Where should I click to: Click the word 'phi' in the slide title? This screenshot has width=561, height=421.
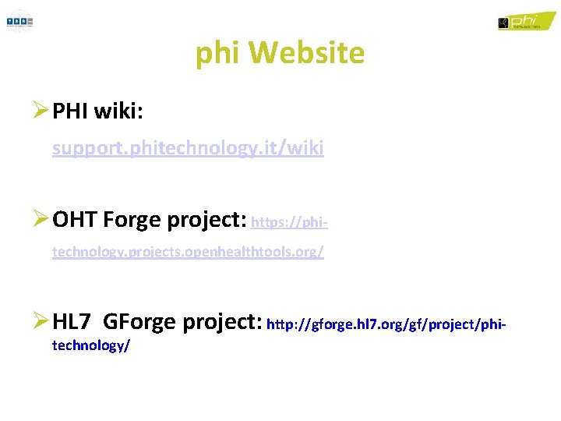tap(214, 54)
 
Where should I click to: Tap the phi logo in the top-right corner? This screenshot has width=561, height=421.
tap(520, 21)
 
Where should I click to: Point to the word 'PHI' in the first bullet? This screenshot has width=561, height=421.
tap(70, 112)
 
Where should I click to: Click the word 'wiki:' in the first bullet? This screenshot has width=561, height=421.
tap(118, 112)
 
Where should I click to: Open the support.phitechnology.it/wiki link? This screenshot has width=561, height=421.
tap(188, 148)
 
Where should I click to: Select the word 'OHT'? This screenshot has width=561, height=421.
tap(76, 221)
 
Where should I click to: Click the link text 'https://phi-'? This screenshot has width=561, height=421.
tap(289, 223)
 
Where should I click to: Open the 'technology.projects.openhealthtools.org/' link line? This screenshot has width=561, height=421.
tap(188, 253)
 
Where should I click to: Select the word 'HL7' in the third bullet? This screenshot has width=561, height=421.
tap(74, 320)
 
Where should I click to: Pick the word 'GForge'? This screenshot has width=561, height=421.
tap(139, 320)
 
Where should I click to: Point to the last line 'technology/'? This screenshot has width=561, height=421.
tap(90, 345)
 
